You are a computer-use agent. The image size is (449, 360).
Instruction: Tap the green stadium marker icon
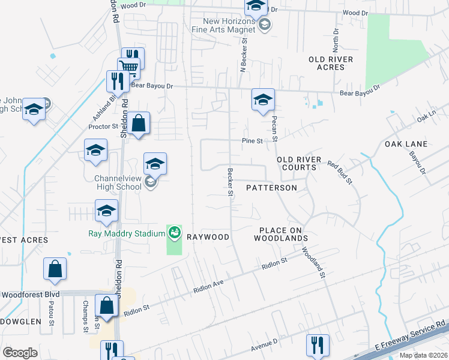pyautogui.click(x=175, y=232)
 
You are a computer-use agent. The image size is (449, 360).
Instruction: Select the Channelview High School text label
pyautogui.click(x=118, y=182)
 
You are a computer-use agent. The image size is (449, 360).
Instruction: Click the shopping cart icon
pyautogui.click(x=129, y=66)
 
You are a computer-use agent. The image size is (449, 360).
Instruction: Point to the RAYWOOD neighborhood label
pyautogui.click(x=208, y=237)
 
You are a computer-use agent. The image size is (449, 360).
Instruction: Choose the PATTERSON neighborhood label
pyautogui.click(x=272, y=188)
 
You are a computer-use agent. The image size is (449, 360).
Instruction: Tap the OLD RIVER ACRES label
pyautogui.click(x=331, y=63)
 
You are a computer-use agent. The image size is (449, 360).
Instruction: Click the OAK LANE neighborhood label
pyautogui.click(x=406, y=144)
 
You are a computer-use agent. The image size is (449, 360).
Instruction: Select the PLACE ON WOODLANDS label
pyautogui.click(x=283, y=234)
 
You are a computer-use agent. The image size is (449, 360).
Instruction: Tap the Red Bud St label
pyautogui.click(x=340, y=171)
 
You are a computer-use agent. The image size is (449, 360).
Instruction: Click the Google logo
pyautogui.click(x=20, y=352)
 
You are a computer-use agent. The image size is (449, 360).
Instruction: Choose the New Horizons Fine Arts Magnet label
pyautogui.click(x=224, y=23)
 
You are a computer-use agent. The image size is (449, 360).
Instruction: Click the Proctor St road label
pyautogui.click(x=103, y=127)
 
